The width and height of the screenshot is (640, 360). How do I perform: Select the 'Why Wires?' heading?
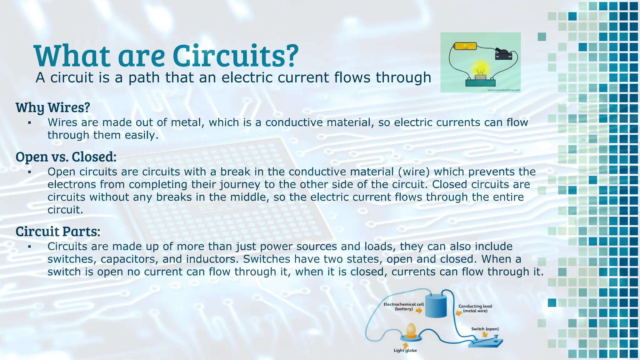click(53, 107)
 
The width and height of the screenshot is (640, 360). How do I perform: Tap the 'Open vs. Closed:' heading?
click(66, 157)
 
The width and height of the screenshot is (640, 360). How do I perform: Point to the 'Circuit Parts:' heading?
click(58, 232)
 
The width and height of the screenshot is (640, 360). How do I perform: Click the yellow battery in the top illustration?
click(465, 46)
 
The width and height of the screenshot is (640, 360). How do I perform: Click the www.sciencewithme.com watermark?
click(504, 90)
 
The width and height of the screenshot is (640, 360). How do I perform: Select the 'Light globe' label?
click(405, 350)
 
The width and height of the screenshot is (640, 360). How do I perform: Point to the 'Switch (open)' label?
click(485, 329)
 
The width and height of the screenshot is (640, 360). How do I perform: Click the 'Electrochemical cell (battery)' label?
click(403, 306)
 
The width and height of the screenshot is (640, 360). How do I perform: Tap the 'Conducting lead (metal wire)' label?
click(475, 308)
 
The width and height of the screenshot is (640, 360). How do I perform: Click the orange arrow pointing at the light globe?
click(405, 345)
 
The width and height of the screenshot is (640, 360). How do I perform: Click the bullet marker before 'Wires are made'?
click(29, 123)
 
